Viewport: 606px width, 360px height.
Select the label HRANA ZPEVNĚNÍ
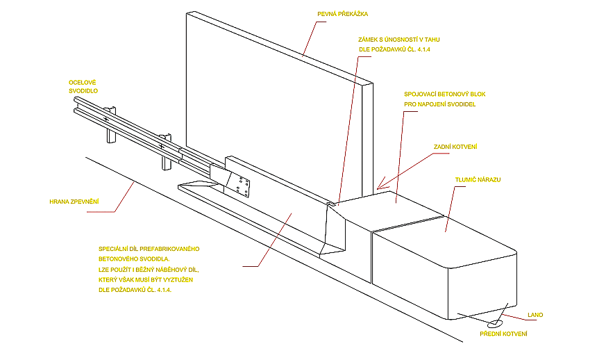[74, 202]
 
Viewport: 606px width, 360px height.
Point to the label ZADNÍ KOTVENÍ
[455, 147]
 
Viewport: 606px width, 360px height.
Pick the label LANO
[535, 315]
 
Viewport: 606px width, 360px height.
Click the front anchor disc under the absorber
[495, 323]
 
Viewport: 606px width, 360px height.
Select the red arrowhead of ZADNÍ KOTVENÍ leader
[379, 187]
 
